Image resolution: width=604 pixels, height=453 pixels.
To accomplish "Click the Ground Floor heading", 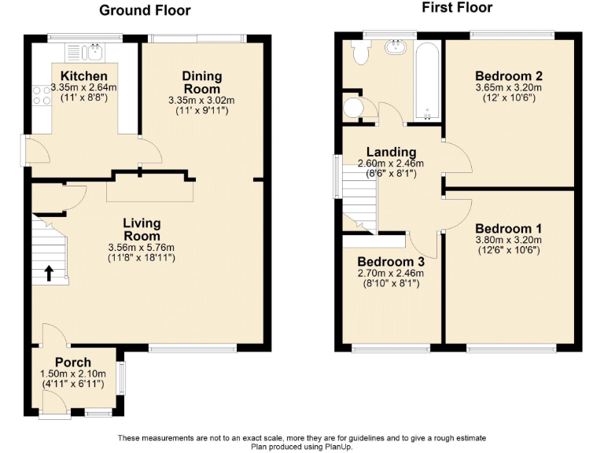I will tap(145, 10).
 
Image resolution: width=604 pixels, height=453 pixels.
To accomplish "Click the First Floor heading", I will tap(457, 8).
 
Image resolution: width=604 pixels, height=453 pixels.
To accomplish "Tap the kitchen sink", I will tap(94, 52).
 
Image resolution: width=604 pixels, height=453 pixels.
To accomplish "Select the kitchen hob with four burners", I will tap(40, 96).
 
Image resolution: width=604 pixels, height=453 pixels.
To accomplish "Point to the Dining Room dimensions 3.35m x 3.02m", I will tap(201, 101).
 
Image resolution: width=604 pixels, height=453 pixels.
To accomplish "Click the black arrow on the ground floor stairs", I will tap(49, 273).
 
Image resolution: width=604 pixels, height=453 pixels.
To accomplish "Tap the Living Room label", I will tap(142, 230).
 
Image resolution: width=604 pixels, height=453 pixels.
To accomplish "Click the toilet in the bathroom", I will tap(360, 54).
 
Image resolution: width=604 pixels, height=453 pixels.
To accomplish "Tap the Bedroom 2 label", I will tap(509, 76).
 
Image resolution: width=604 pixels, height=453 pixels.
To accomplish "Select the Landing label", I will tap(391, 152).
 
